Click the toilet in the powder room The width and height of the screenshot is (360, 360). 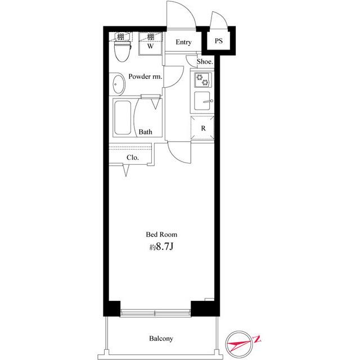(x=123, y=51)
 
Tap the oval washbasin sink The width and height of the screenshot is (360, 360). (x=119, y=84)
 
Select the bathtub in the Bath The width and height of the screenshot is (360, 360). (x=123, y=118)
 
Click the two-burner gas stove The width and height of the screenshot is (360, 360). (x=203, y=80)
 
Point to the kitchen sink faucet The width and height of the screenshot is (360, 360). (x=209, y=101)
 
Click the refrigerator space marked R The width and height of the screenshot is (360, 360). (x=202, y=128)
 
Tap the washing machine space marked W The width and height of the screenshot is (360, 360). (x=150, y=44)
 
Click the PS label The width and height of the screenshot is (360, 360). (x=219, y=41)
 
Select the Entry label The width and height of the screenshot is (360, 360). (x=183, y=42)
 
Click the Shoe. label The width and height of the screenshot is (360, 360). (x=205, y=61)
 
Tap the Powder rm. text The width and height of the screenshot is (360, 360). (x=145, y=76)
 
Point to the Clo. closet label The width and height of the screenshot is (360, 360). (x=133, y=157)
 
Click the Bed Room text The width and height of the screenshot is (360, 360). (x=161, y=235)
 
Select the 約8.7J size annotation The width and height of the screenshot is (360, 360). (x=161, y=247)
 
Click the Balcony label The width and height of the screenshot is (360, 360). (x=161, y=339)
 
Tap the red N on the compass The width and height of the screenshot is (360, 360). (x=256, y=339)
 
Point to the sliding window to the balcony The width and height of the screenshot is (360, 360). (x=155, y=313)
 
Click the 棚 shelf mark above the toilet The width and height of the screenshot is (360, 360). (x=120, y=37)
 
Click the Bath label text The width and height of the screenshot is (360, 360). (x=145, y=132)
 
